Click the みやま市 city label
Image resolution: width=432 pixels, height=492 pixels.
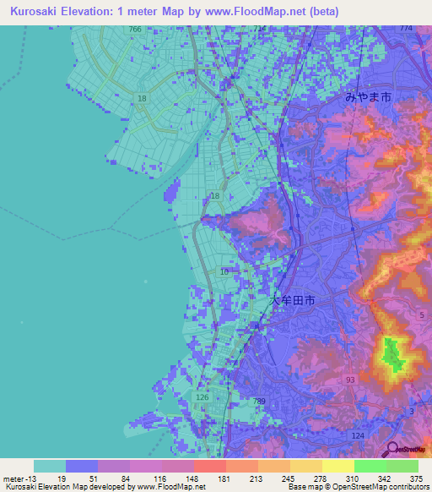(369, 97)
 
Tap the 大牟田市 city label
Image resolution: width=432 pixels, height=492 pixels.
(293, 300)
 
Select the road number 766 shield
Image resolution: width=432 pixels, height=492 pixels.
(136, 30)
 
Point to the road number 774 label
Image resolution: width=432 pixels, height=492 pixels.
(407, 29)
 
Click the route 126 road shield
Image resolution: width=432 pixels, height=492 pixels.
(202, 396)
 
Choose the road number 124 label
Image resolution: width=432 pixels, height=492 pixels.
(358, 435)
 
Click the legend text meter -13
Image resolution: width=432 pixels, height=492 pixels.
(19, 478)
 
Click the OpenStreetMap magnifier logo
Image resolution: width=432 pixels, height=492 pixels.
(392, 450)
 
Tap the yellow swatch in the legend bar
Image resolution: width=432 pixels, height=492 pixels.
(337, 466)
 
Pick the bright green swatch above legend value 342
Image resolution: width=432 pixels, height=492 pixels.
(370, 466)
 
